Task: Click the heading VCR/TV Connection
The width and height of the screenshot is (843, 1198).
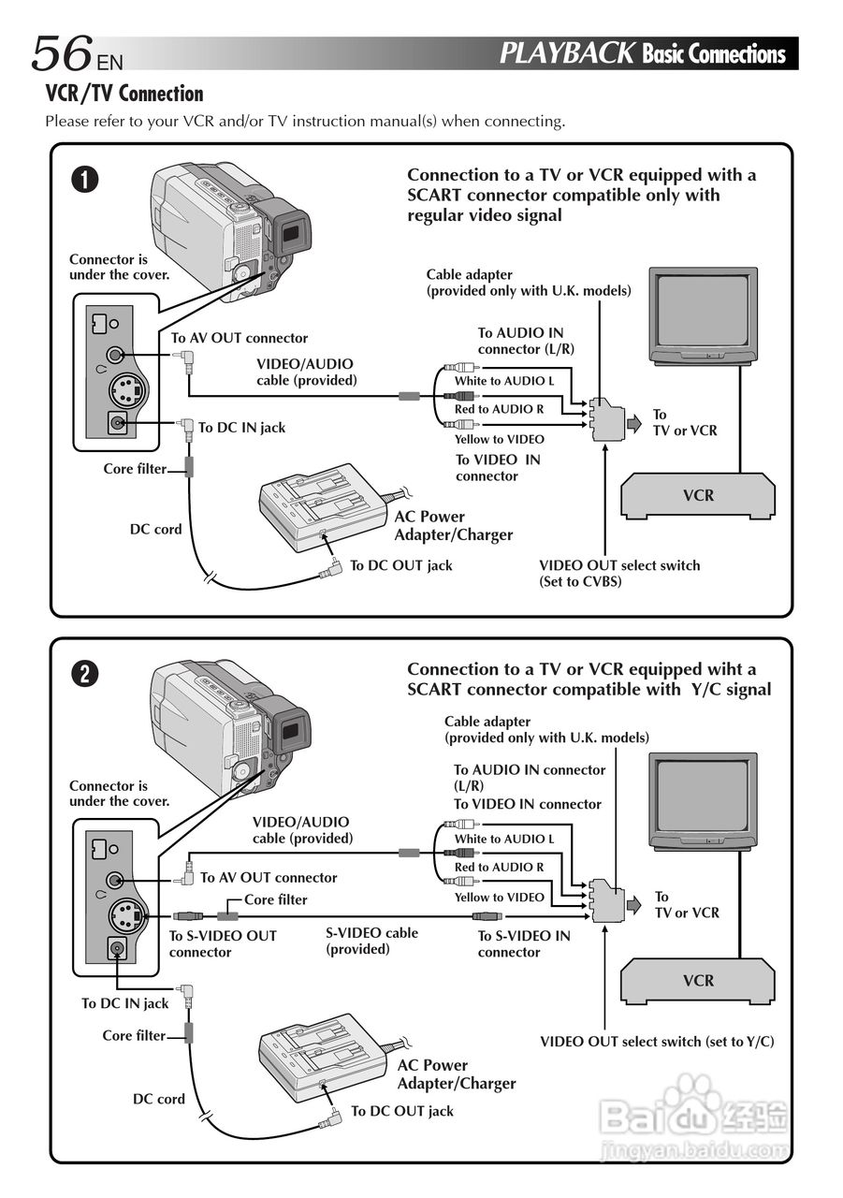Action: click(x=124, y=94)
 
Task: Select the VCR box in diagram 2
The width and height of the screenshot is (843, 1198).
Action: click(x=698, y=981)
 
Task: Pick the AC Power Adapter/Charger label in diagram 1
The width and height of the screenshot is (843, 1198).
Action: click(x=453, y=525)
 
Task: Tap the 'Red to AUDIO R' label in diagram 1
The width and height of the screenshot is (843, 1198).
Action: click(x=499, y=409)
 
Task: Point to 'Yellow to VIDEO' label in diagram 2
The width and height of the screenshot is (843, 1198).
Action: click(x=499, y=897)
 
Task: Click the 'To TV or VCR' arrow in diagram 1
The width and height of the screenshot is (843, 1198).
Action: click(x=635, y=423)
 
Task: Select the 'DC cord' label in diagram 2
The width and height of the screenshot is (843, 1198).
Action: click(x=158, y=1099)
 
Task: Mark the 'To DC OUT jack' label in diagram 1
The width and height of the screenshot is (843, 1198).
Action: click(x=400, y=565)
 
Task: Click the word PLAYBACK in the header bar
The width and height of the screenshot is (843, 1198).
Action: click(x=566, y=53)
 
